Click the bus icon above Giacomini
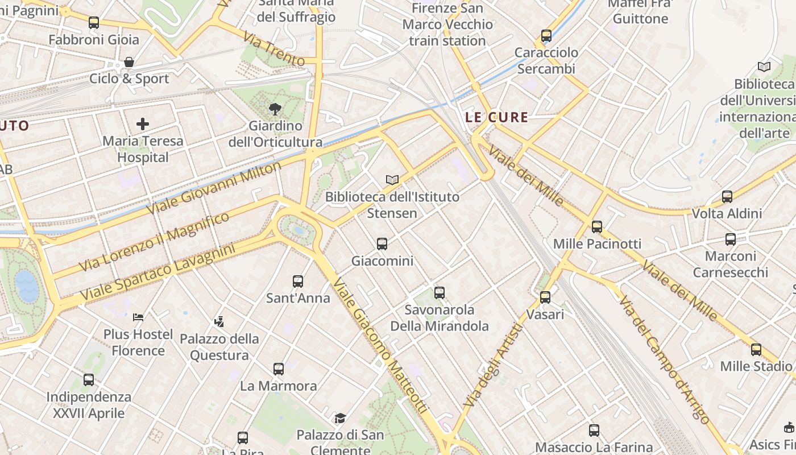pyautogui.click(x=382, y=244)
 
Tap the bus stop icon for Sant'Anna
pyautogui.click(x=298, y=281)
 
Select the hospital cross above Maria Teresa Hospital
pyautogui.click(x=143, y=123)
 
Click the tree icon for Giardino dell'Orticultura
pyautogui.click(x=275, y=109)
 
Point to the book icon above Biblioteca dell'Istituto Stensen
pyautogui.click(x=392, y=180)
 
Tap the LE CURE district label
pyautogui.click(x=497, y=118)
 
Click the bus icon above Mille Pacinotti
pyautogui.click(x=597, y=227)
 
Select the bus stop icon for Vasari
pyautogui.click(x=545, y=297)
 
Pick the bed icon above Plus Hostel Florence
pyautogui.click(x=138, y=317)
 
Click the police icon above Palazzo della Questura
pyautogui.click(x=219, y=322)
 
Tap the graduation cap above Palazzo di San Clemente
pyautogui.click(x=340, y=419)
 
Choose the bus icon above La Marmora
pyautogui.click(x=279, y=369)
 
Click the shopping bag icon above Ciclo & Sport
pyautogui.click(x=129, y=62)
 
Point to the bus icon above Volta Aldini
pyautogui.click(x=727, y=197)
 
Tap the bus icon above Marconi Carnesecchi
pyautogui.click(x=731, y=239)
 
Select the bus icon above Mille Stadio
pyautogui.click(x=756, y=349)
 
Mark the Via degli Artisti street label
pyautogui.click(x=493, y=365)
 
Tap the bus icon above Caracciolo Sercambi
pyautogui.click(x=546, y=36)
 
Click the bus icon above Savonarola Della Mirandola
pyautogui.click(x=440, y=293)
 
